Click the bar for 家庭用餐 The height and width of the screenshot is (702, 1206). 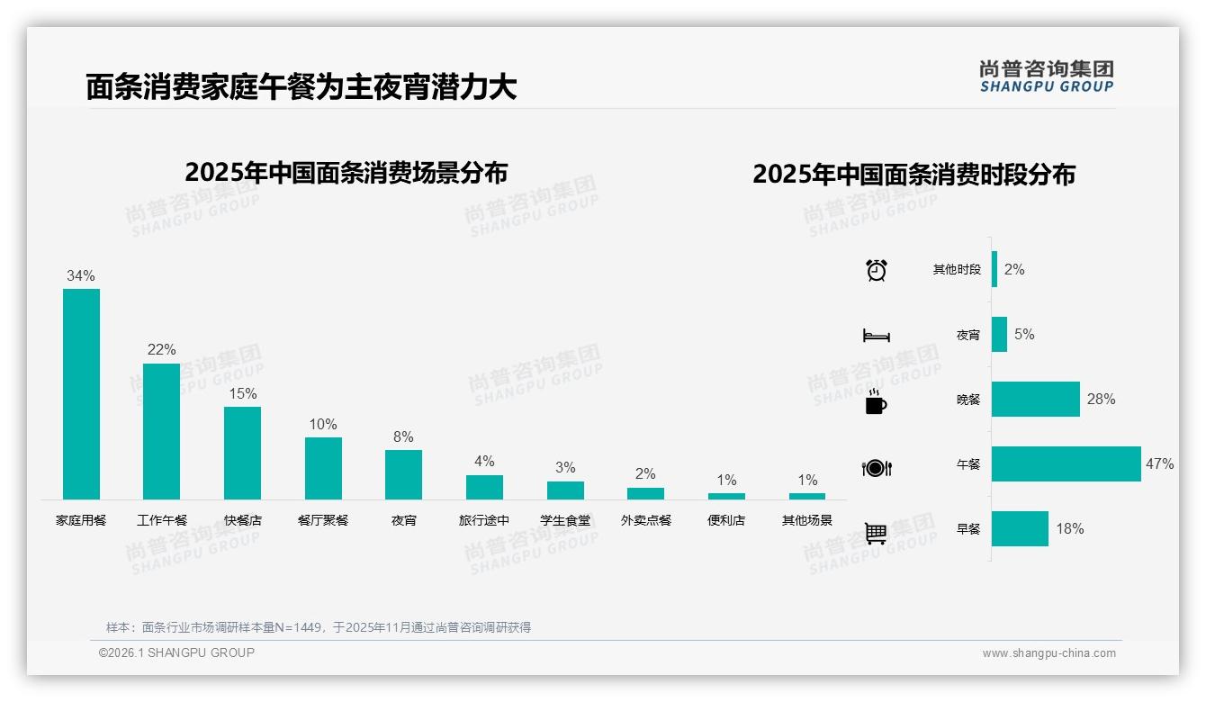tap(81, 394)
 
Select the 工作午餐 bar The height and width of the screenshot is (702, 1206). tap(162, 431)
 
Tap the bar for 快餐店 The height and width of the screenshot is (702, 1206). tap(242, 453)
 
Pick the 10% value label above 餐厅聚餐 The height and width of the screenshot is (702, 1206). tap(323, 424)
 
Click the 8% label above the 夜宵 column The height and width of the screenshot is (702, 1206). tap(403, 436)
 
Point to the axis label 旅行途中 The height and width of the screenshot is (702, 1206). tap(484, 520)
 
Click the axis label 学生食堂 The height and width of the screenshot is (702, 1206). tap(565, 520)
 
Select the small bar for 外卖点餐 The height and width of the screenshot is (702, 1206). tap(645, 493)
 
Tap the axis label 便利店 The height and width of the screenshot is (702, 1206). tap(726, 520)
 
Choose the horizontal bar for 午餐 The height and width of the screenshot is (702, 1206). tap(1066, 464)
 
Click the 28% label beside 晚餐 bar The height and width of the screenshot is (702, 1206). tap(1101, 399)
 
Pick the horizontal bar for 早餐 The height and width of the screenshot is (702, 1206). tap(1020, 529)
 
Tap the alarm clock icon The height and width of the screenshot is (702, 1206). tap(877, 270)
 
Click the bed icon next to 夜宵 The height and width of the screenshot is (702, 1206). tap(877, 336)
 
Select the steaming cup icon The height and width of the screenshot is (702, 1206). tap(876, 401)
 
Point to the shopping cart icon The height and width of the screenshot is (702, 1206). tap(876, 533)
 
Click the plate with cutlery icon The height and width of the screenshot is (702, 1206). tap(877, 467)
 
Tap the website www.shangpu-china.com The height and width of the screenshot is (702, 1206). tap(1048, 653)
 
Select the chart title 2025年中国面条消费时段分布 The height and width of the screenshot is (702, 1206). tap(913, 175)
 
